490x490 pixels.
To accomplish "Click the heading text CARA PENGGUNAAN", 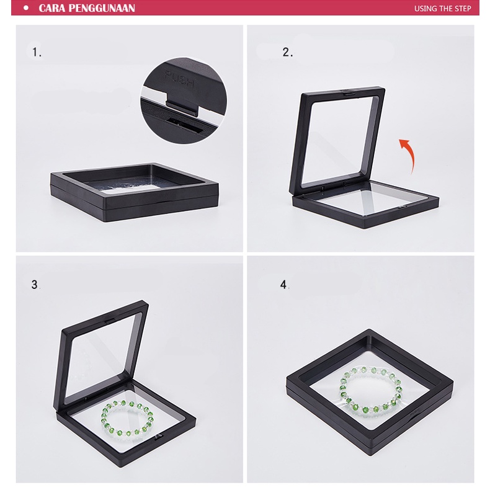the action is (x=87, y=8).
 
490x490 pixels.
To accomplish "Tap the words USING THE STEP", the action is (x=442, y=9).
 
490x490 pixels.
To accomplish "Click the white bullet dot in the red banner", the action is (x=26, y=8).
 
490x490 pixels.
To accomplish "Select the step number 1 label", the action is (x=37, y=52).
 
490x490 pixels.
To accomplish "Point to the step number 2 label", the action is (x=288, y=52).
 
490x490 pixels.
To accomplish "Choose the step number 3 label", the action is (x=35, y=284).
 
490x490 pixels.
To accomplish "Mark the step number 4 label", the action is (x=283, y=284).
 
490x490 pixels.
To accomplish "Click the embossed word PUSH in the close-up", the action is (x=179, y=79).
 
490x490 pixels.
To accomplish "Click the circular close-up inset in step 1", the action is (x=184, y=100).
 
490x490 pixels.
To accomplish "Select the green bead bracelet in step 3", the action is (x=127, y=419).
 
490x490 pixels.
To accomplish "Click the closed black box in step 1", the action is (x=135, y=191).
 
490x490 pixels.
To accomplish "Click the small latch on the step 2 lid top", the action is (x=347, y=92).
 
